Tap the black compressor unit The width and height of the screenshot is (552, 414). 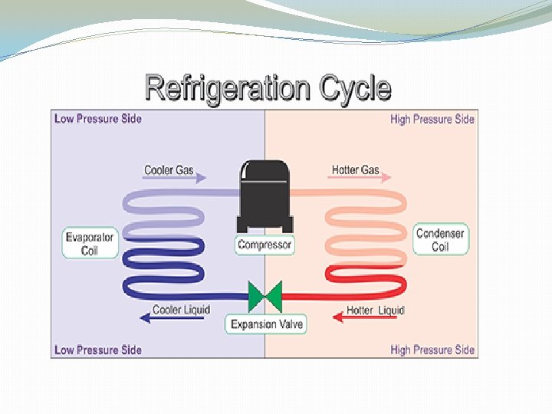click(264, 196)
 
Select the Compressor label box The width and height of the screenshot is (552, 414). click(264, 245)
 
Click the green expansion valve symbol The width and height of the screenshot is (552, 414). click(265, 296)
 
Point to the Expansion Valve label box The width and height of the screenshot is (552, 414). click(267, 324)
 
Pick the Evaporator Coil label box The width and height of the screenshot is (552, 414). click(90, 244)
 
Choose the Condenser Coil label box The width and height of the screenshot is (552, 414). click(440, 240)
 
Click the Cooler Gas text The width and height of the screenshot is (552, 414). click(169, 169)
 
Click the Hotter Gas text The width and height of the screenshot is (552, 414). click(355, 169)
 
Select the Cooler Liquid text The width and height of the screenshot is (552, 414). click(182, 310)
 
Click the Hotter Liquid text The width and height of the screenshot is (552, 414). click(375, 310)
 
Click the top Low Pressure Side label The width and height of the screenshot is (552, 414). click(98, 119)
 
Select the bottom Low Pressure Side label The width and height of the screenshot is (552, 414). click(98, 350)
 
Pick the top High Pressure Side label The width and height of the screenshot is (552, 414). click(432, 119)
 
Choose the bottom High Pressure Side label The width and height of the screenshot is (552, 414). click(432, 350)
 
